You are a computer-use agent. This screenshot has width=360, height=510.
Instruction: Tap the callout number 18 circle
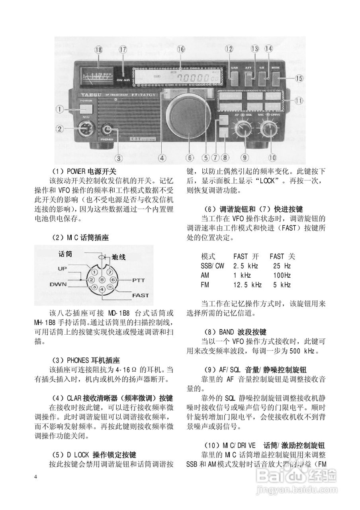tap(98, 50)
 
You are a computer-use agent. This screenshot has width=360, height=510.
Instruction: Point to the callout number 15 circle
tap(299, 78)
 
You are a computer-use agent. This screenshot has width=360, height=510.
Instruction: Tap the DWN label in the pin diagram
tap(58, 284)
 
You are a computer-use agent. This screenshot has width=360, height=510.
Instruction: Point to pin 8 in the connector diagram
tap(102, 280)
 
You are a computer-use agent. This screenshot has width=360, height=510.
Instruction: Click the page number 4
tap(36, 477)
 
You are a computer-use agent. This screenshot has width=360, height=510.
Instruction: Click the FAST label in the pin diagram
tap(140, 296)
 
